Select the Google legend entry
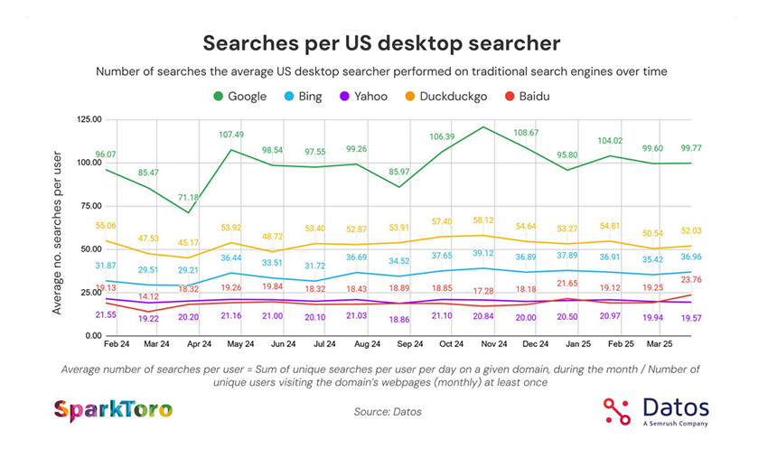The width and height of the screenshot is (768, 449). [x=239, y=96]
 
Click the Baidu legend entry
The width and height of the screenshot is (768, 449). [x=529, y=96]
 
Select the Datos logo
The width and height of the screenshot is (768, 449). [x=656, y=409]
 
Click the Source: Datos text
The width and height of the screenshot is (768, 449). [x=387, y=412]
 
